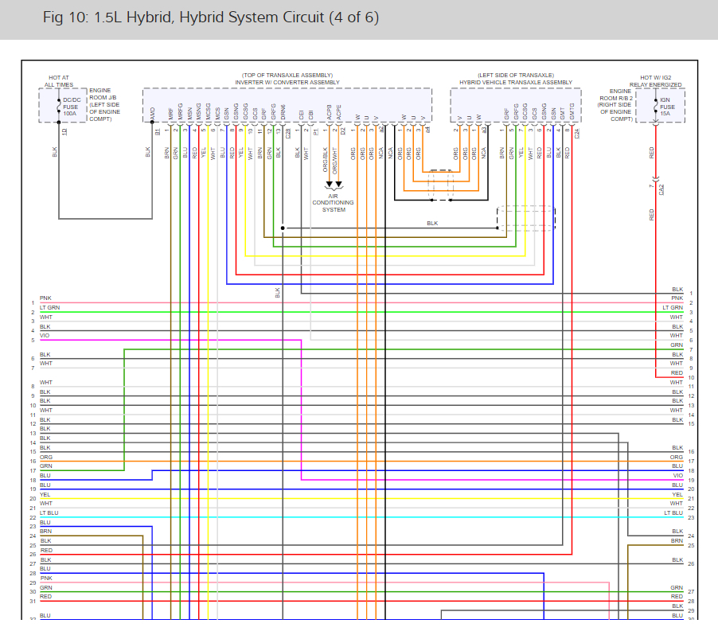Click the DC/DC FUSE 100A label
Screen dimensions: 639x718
coord(70,107)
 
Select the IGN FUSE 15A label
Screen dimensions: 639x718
coord(667,107)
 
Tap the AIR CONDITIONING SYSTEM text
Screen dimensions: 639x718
coord(334,202)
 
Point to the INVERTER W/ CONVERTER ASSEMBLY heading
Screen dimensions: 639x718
coord(287,82)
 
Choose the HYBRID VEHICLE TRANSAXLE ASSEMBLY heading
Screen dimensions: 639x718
coord(515,82)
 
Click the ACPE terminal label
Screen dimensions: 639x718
coord(340,112)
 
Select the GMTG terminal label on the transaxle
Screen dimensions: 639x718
coord(572,112)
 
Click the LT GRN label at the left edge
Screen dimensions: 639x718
coord(49,307)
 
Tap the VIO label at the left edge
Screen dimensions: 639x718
coord(45,336)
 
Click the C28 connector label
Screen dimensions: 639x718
coord(288,133)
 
